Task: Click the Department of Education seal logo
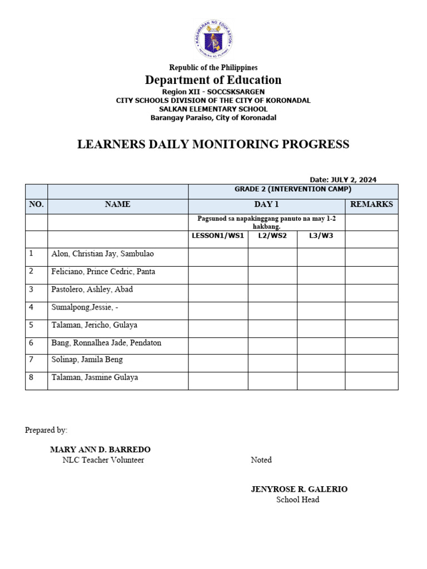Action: tap(213, 39)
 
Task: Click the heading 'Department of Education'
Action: tap(213, 80)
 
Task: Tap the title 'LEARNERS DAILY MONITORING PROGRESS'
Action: tap(213, 144)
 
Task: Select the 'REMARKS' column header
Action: tap(371, 204)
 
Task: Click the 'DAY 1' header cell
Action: tap(266, 204)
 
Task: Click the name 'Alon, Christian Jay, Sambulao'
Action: tap(102, 254)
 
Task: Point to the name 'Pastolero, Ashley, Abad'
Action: tap(92, 290)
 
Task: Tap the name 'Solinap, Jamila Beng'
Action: tap(87, 360)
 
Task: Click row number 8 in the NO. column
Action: tap(32, 378)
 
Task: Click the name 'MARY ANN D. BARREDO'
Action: tap(100, 450)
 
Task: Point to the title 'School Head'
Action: tap(298, 500)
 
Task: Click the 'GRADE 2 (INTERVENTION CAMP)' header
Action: tap(293, 189)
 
